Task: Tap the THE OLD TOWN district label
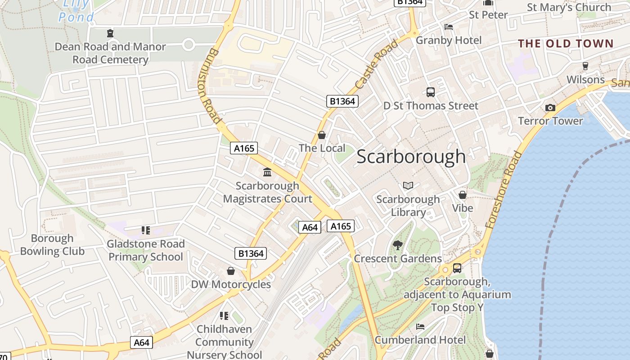tap(566, 44)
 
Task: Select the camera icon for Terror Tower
tap(550, 108)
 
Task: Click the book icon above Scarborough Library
tap(408, 185)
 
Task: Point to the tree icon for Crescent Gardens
tap(397, 245)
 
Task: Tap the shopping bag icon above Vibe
tap(463, 195)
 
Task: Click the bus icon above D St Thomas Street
tap(431, 92)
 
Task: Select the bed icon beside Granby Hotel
tap(448, 27)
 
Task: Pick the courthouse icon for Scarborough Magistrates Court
tap(267, 172)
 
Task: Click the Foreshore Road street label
tap(505, 189)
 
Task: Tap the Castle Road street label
tap(377, 64)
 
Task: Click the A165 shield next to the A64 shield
tap(340, 226)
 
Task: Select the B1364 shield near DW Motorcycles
tap(251, 253)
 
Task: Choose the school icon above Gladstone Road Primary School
tap(145, 230)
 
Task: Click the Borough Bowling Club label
tap(52, 245)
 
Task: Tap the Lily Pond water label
tap(76, 11)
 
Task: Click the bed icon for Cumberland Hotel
tap(420, 326)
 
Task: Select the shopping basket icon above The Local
tap(322, 135)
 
